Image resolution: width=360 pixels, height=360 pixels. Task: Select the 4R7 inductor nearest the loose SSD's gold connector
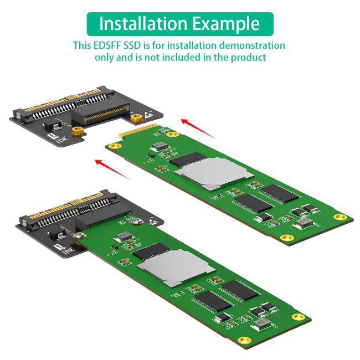point(160,145)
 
